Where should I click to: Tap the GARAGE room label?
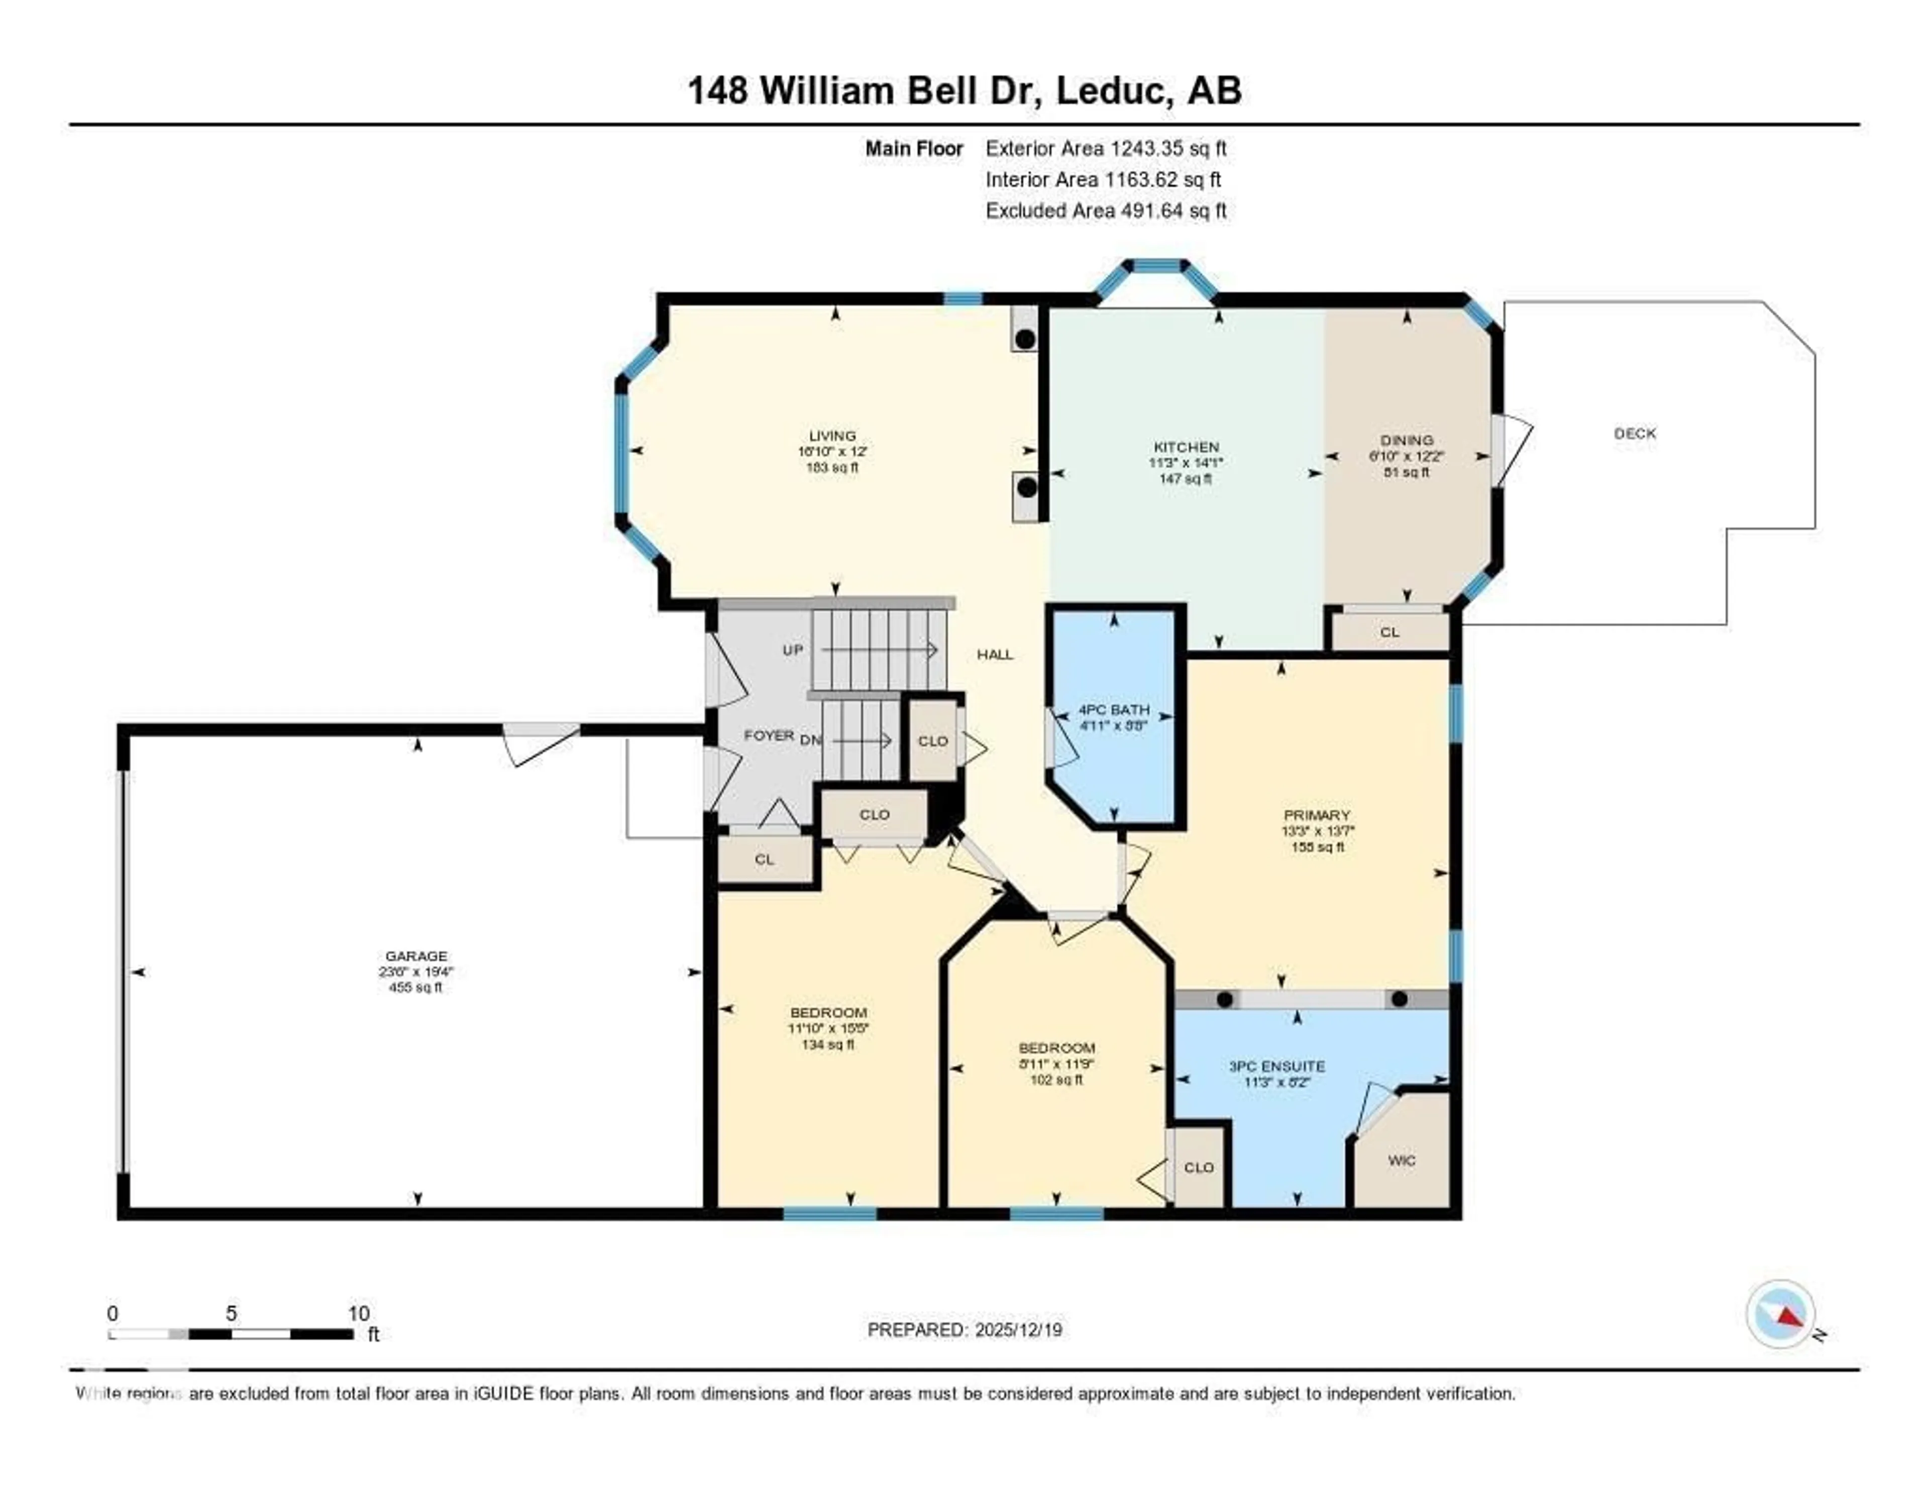click(416, 955)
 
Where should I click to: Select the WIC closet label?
click(1401, 1160)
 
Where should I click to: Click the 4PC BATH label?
click(1114, 709)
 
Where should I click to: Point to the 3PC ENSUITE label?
click(1276, 1066)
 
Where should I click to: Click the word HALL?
click(995, 655)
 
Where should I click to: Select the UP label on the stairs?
click(792, 650)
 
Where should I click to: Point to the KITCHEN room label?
click(1186, 447)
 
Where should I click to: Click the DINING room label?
click(1407, 440)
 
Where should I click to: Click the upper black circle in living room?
click(1025, 339)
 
